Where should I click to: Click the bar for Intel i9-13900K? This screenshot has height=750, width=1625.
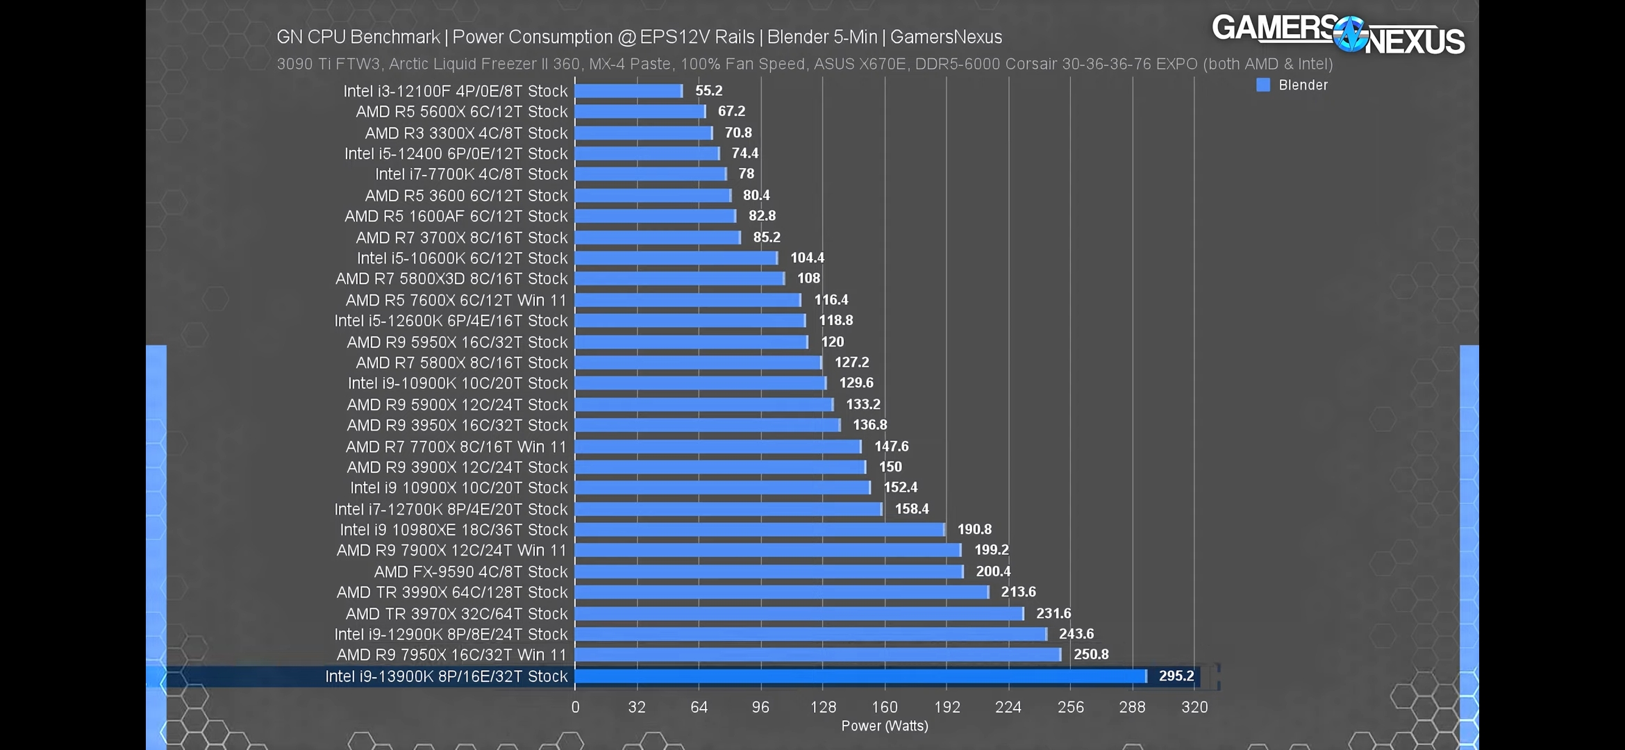tap(860, 676)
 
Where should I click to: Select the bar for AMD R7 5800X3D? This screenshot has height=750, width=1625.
tap(679, 278)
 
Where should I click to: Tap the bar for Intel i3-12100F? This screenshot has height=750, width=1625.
tap(628, 91)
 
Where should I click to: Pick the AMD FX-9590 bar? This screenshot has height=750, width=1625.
tap(769, 572)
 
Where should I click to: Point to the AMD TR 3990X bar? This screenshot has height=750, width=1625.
tap(781, 592)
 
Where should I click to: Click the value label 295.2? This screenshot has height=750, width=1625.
tap(1176, 676)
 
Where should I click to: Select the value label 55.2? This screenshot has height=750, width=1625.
tap(709, 91)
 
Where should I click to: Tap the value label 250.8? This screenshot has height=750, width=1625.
tap(1091, 654)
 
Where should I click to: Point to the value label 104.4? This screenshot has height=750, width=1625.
tap(807, 258)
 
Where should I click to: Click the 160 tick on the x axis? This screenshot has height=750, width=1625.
tap(885, 707)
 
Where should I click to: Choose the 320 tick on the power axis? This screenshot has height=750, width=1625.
tap(1194, 707)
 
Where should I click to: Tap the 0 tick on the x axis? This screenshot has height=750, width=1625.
tap(575, 707)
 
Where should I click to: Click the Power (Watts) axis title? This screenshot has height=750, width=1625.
tap(885, 726)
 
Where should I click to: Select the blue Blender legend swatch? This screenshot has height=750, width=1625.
tap(1263, 85)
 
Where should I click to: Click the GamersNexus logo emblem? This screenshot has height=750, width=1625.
tap(1351, 35)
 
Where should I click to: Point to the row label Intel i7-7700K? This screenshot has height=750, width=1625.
tap(472, 174)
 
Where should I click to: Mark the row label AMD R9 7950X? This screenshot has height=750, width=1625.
tap(451, 655)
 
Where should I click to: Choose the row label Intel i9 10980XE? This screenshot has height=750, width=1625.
tap(453, 530)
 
